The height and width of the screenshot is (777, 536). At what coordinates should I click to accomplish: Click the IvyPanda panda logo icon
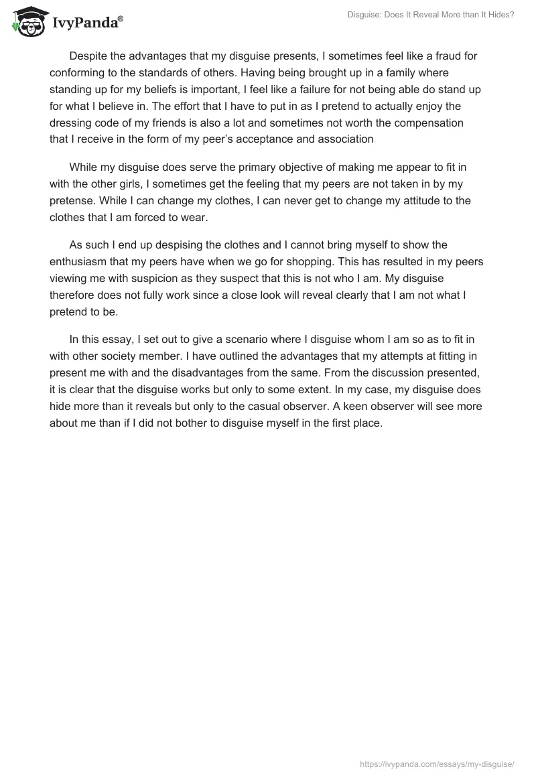tap(27, 22)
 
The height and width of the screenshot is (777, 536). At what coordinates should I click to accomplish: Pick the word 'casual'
tap(339, 407)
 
